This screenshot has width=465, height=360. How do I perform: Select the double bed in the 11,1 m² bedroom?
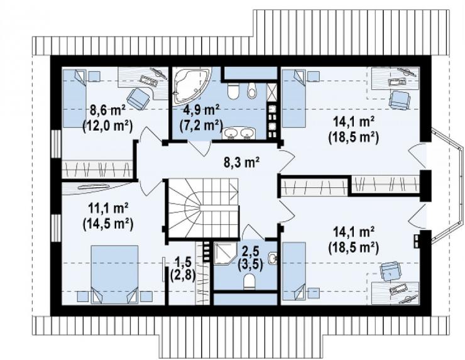coord(114,275)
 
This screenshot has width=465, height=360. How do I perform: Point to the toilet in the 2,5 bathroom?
coord(249,281)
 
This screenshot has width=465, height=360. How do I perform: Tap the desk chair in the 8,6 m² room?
coord(138,98)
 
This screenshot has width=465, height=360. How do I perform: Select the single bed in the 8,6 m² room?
coord(74,98)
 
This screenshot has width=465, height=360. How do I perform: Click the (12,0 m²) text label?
coord(107,126)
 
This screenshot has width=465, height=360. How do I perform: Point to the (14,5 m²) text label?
coord(107,222)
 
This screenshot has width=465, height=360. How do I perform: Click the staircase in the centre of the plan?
coord(204,208)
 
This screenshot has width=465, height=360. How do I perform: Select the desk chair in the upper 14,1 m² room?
coord(400,99)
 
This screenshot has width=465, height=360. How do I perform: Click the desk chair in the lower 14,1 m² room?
coord(391,271)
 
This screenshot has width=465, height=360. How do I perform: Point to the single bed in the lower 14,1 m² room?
coord(294,271)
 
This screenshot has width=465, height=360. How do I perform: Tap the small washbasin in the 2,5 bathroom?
coord(273,258)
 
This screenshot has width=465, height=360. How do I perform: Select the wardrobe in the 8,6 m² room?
coord(97,170)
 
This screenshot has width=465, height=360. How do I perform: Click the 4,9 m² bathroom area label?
coord(202,110)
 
